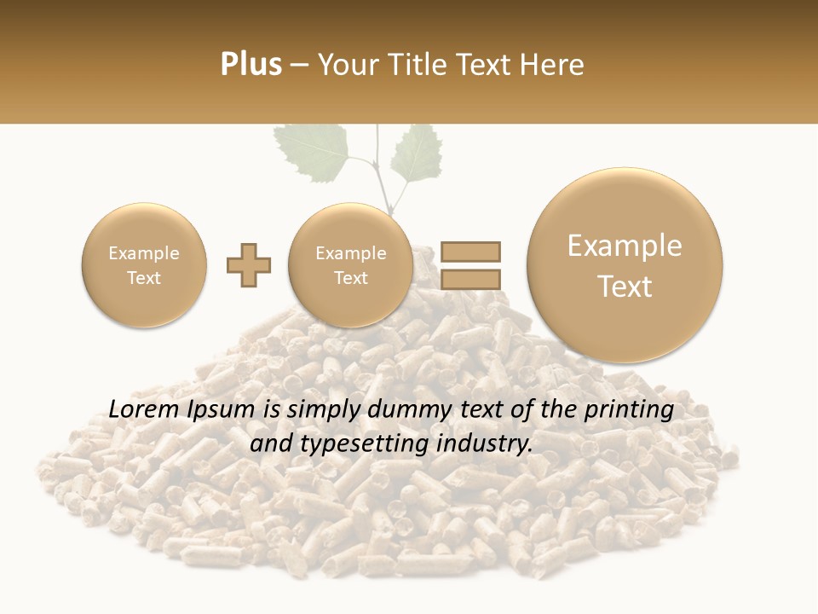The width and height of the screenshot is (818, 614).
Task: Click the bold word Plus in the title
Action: click(251, 65)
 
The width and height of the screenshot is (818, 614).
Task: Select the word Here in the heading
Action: click(555, 65)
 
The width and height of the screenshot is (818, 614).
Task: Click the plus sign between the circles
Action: click(249, 265)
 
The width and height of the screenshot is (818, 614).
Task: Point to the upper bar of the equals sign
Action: click(470, 252)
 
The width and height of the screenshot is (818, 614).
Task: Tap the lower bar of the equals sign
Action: click(470, 279)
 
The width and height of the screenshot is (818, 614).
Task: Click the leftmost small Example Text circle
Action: click(144, 265)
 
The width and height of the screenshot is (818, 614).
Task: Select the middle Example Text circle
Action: click(351, 265)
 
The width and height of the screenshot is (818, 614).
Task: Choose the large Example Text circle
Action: click(625, 265)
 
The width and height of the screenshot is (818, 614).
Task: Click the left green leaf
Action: click(315, 150)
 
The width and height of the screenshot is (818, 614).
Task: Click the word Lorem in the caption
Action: click(146, 410)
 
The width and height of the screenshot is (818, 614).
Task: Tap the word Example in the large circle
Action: click(625, 246)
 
